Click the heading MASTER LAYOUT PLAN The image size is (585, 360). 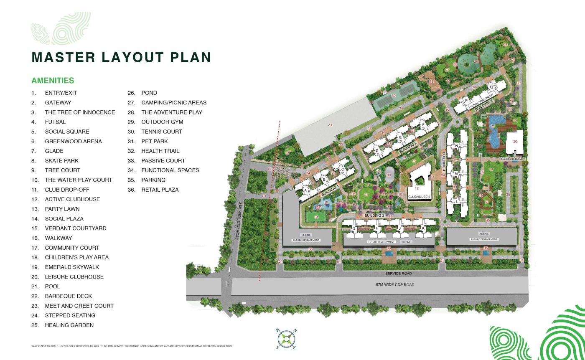point(121,57)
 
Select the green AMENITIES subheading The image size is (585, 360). point(53,81)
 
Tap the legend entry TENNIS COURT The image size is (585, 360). point(162,132)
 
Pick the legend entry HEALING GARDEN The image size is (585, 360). point(69,325)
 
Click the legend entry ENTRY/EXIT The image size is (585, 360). point(61,93)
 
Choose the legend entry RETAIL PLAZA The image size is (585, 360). point(160,190)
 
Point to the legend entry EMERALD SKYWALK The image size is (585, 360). point(72,267)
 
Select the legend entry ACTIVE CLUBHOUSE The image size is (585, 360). point(72,199)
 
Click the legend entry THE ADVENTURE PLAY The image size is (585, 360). point(171,112)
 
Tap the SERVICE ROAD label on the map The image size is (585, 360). point(399,274)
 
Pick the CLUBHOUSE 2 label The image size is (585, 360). point(419,196)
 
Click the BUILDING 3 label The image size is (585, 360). point(374,215)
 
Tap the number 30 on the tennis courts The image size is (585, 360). point(393,96)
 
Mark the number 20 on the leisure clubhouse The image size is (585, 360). point(515,142)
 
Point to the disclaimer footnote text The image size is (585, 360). point(131,346)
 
